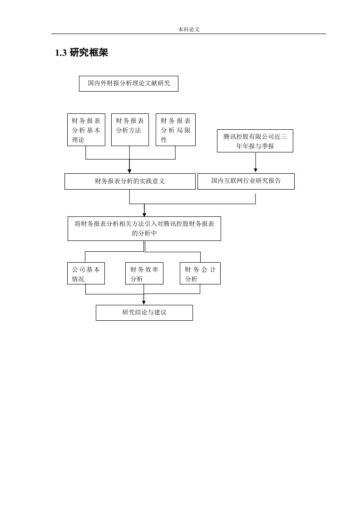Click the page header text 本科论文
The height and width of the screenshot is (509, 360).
189,29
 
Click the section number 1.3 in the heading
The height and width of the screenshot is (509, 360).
61,53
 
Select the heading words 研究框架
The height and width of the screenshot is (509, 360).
89,53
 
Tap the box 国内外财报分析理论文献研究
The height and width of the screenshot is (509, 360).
128,83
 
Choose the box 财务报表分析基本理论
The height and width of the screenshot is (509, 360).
86,130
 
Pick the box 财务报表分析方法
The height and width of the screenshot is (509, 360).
130,130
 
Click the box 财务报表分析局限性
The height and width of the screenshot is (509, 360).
175,130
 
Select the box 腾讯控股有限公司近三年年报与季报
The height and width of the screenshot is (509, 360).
255,141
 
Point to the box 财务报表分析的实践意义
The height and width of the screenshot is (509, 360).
130,181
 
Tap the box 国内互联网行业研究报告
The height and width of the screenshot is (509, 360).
246,181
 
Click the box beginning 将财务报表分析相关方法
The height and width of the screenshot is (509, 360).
144,229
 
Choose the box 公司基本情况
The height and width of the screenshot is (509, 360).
86,274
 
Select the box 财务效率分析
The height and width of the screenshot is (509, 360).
144,274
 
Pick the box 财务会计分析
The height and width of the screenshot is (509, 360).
200,274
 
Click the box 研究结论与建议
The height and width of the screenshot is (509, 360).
144,313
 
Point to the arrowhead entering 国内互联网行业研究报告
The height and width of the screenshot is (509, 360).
256,170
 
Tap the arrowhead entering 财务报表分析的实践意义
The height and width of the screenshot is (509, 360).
129,171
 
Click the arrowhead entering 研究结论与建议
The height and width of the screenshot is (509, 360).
144,303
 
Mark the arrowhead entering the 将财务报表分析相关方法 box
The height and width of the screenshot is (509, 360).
144,214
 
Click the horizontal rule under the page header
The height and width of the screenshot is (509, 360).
188,34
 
